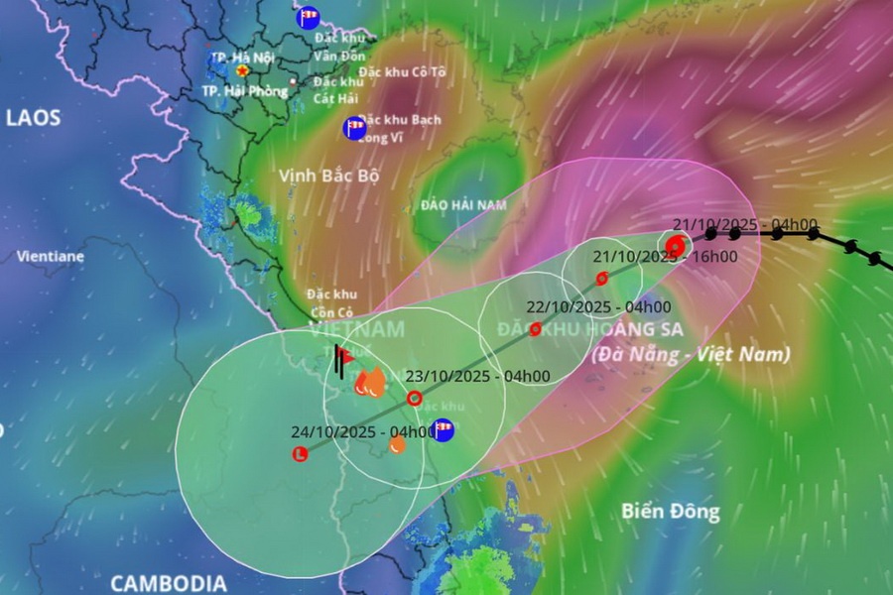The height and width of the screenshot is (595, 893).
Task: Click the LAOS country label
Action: pos(34,117)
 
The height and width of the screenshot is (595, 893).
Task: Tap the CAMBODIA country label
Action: pos(168,582)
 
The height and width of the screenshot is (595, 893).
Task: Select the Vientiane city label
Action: pos(50,256)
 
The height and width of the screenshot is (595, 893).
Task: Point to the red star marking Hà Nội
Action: pos(241,70)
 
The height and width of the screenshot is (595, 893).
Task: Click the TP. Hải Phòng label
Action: pos(244,90)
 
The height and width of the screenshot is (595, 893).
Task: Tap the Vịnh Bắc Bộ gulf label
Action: pos(329,176)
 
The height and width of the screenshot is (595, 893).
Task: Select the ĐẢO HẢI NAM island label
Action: pos(463,205)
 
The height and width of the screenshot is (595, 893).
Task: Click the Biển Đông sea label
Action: pos(671,512)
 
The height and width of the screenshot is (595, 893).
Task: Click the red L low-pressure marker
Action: pos(299,454)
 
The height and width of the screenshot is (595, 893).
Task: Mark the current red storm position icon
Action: pos(675,244)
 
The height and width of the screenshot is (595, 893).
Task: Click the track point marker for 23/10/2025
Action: pos(415,399)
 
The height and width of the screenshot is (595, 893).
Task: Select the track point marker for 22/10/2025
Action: pos(536,329)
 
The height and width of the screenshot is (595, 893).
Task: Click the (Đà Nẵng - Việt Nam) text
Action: pos(691,354)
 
